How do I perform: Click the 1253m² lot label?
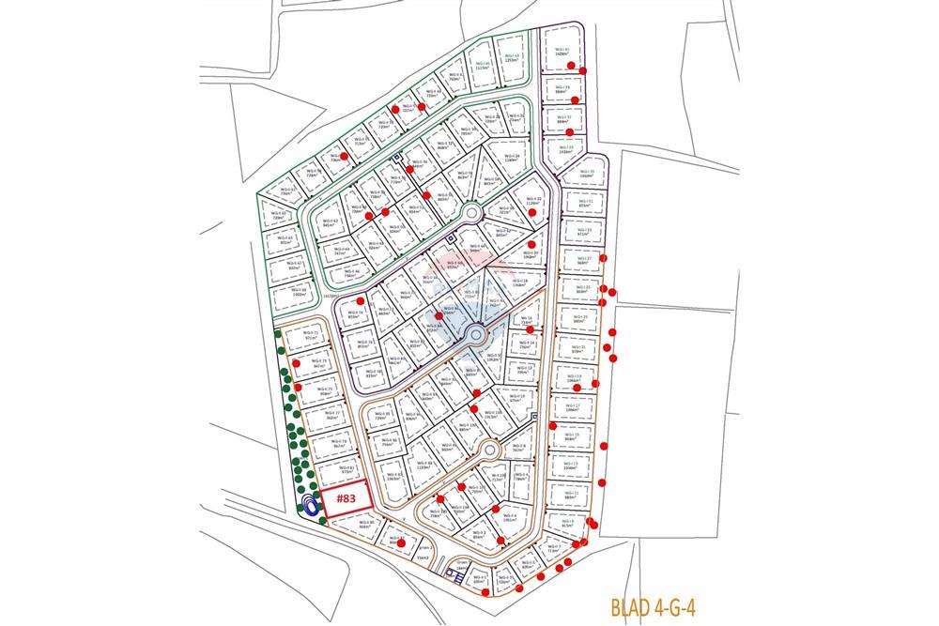[512, 59]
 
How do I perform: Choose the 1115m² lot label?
[483, 67]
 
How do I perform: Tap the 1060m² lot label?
[587, 175]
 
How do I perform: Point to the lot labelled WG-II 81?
[346, 469]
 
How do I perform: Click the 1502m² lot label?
[299, 293]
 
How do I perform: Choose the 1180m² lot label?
[512, 159]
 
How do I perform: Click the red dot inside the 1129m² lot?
[532, 212]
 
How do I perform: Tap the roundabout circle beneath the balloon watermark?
[475, 334]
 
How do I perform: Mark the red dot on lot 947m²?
[297, 362]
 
